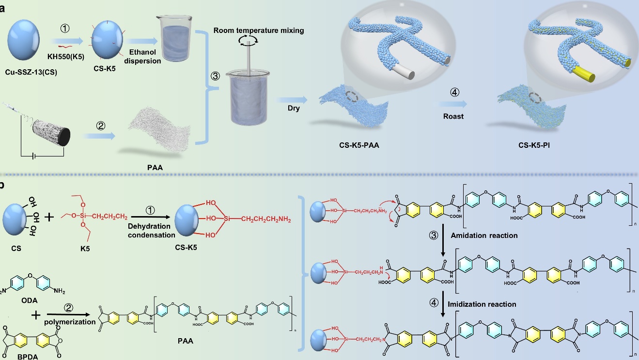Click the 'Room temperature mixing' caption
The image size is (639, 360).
point(259,31)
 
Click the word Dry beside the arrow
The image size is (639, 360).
point(294,108)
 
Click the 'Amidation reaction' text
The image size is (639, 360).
point(484,235)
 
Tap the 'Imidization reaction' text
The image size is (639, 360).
point(482,304)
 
